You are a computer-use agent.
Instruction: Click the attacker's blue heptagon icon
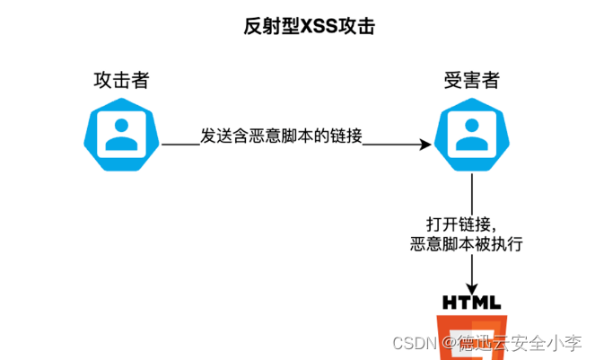tap(122, 134)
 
